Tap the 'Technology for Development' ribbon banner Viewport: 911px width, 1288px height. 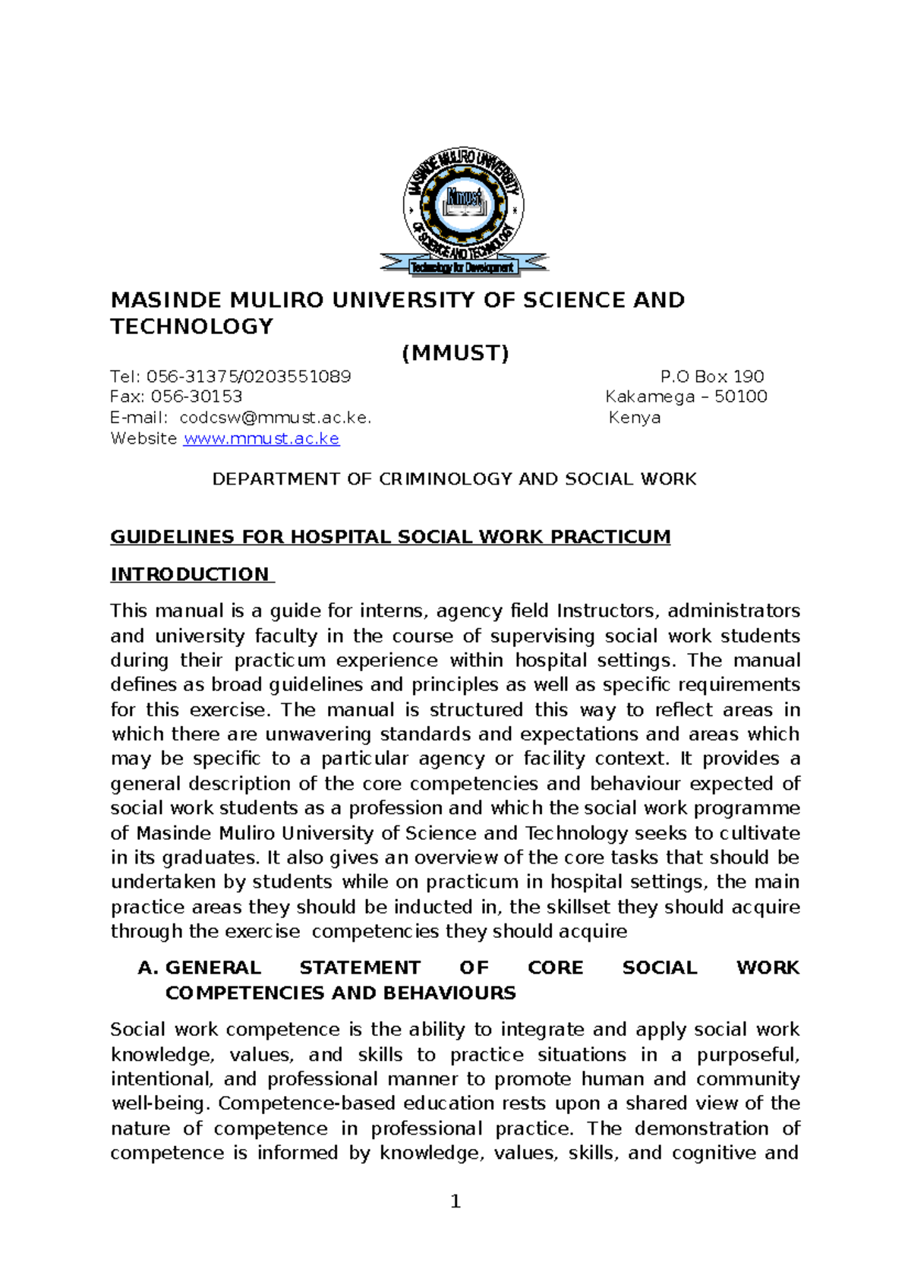[x=463, y=267]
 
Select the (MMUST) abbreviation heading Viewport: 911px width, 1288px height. [x=455, y=353]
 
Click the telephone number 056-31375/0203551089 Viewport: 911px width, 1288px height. [x=248, y=377]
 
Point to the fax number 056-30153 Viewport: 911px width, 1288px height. [x=197, y=396]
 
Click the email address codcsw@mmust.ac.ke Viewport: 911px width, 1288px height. [x=275, y=418]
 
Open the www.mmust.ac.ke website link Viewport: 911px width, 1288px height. [x=261, y=439]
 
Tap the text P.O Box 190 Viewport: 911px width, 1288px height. [x=712, y=377]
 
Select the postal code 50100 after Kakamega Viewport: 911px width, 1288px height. [x=741, y=396]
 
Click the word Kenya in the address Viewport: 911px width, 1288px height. [x=635, y=418]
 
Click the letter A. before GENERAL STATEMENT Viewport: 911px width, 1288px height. [x=148, y=968]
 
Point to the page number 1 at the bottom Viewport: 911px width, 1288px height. [x=455, y=1201]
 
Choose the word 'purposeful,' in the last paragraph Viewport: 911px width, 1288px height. [x=748, y=1055]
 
